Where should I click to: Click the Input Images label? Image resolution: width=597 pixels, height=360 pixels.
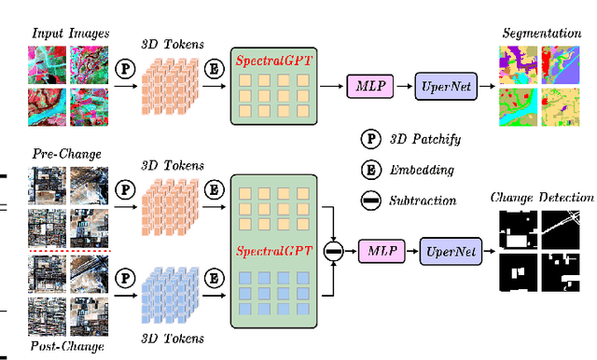click(70, 34)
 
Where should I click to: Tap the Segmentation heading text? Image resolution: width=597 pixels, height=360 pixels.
click(541, 34)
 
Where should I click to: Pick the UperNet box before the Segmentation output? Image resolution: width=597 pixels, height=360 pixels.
click(445, 87)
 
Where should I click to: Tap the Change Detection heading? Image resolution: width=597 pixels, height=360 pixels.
click(542, 197)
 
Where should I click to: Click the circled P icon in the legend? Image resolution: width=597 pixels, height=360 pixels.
click(370, 140)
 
